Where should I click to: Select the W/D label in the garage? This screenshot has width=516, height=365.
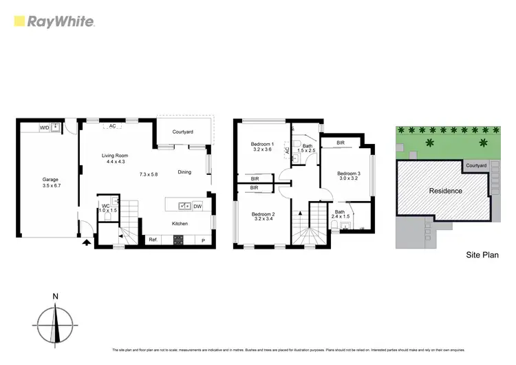coord(44,128)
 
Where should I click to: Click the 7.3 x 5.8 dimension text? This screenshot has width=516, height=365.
coord(148,174)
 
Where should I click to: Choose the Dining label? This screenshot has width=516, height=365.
coord(184,172)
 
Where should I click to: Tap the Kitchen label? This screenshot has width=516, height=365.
coord(181,223)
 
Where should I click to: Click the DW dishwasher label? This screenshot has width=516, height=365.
coord(197,206)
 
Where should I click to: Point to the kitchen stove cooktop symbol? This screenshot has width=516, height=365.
coord(178,240)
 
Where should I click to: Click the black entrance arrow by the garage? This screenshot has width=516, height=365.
coord(86,242)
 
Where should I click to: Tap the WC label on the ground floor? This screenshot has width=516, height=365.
coord(106,206)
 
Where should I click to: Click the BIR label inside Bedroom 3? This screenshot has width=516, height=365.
coord(341,143)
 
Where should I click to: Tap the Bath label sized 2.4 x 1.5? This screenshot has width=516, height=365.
coord(340,212)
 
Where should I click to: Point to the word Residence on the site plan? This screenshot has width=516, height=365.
coord(444,191)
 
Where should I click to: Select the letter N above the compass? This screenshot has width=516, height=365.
coord(55,297)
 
